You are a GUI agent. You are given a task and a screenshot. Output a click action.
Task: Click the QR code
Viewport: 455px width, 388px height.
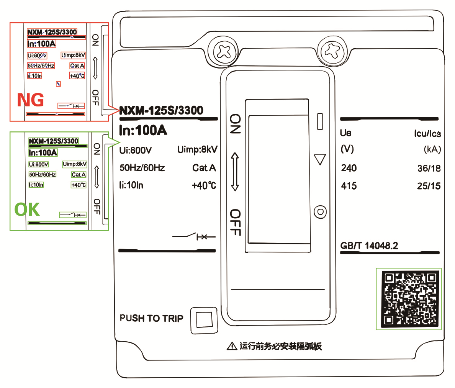pyautogui.click(x=409, y=299)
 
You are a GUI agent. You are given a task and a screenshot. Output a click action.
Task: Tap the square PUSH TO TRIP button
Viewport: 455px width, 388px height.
pyautogui.click(x=204, y=319)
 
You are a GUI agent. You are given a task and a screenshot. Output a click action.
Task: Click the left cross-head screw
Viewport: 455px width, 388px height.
pyautogui.click(x=223, y=51)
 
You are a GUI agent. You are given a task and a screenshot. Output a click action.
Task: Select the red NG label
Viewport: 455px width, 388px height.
pyautogui.click(x=30, y=100)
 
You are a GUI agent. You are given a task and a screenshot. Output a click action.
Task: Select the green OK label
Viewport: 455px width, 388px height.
pyautogui.click(x=27, y=210)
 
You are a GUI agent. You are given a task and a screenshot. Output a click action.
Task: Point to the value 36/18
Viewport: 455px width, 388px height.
pyautogui.click(x=429, y=168)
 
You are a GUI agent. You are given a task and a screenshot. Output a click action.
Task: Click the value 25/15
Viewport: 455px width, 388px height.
pyautogui.click(x=429, y=186)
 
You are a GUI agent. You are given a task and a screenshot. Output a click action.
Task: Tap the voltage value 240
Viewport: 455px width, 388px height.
pyautogui.click(x=349, y=168)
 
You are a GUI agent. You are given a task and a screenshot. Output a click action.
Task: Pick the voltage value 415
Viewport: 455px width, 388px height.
pyautogui.click(x=349, y=186)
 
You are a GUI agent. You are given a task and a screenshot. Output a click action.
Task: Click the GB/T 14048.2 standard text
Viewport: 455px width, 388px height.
pyautogui.click(x=369, y=246)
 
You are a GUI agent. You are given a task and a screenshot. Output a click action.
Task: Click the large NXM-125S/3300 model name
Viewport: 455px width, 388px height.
pyautogui.click(x=161, y=111)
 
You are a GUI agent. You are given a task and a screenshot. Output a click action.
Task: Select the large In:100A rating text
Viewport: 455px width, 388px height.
pyautogui.click(x=143, y=131)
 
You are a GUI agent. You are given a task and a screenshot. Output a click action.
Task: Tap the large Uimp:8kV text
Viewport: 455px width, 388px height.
pyautogui.click(x=197, y=150)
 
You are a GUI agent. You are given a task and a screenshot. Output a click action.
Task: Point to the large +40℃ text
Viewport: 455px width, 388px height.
pyautogui.click(x=204, y=186)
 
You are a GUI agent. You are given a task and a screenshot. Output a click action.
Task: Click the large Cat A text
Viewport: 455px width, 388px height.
pyautogui.click(x=204, y=168)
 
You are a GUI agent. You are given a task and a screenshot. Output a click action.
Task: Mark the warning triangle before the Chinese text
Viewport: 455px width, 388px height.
pyautogui.click(x=232, y=347)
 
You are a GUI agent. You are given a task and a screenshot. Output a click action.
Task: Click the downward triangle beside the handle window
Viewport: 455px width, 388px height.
pyautogui.click(x=319, y=159)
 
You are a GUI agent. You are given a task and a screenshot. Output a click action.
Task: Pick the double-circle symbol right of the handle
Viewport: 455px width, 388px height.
pyautogui.click(x=320, y=211)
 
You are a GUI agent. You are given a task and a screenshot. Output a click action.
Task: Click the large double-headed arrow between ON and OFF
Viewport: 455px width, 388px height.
pyautogui.click(x=235, y=172)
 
